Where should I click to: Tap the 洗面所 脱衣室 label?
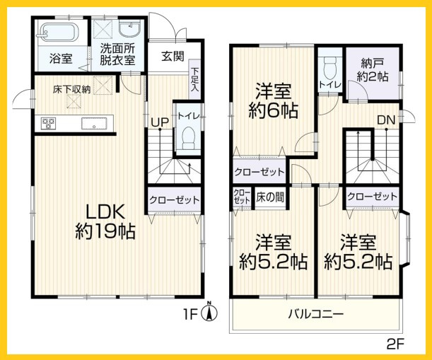click(x=116, y=54)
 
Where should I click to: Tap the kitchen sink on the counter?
click(x=93, y=125)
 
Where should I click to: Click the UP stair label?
click(x=158, y=122)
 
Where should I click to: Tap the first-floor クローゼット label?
click(x=174, y=200)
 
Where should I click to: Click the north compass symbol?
click(x=209, y=310)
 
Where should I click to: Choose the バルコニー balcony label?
click(x=315, y=313)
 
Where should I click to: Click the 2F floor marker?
click(x=394, y=345)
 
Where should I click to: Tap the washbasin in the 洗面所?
click(x=130, y=30)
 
